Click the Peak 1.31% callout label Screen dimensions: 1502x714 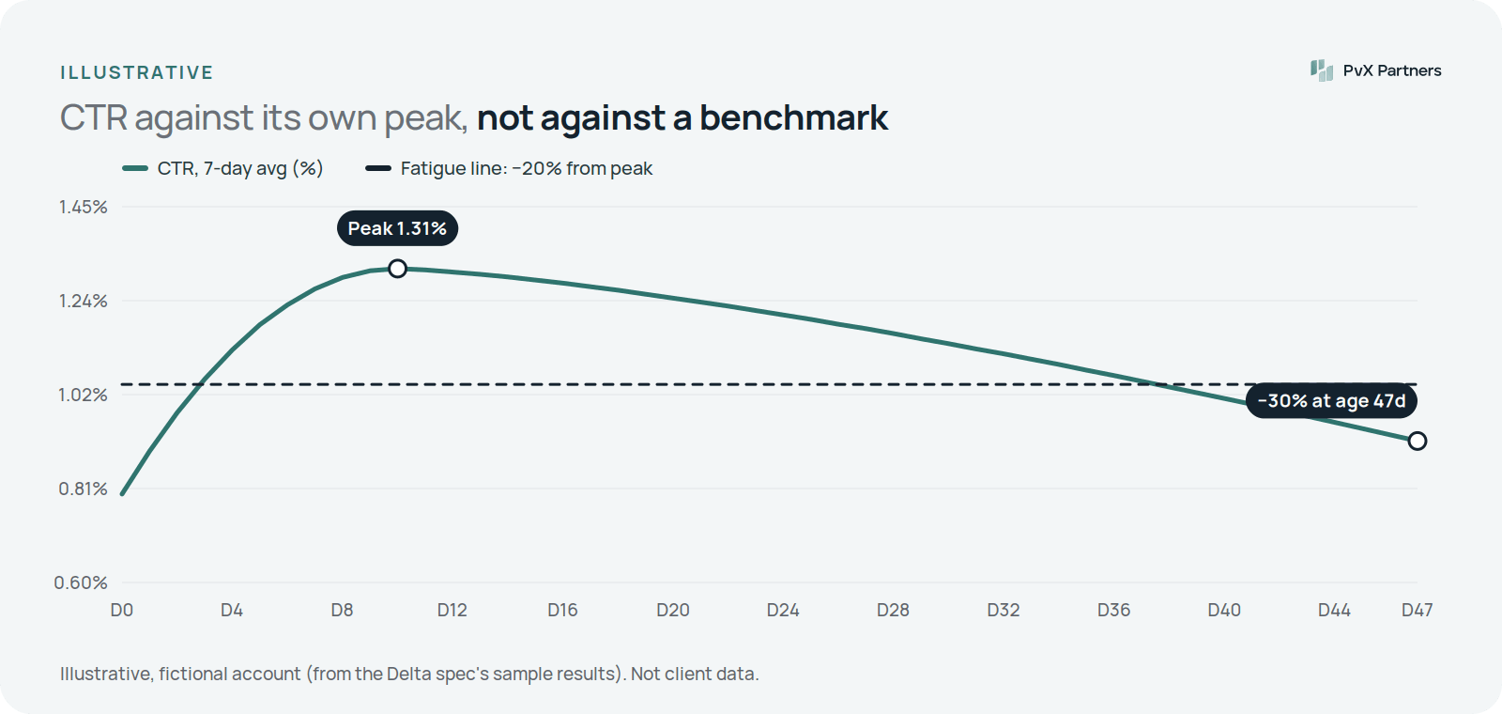pos(398,228)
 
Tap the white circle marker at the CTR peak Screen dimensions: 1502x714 pos(398,269)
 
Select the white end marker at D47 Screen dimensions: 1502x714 pos(1417,441)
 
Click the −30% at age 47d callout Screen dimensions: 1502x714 pos(1331,400)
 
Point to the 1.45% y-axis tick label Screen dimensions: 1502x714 pos(84,207)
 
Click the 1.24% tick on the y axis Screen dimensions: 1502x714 pos(84,301)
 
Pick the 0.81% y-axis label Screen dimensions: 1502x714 pos(84,489)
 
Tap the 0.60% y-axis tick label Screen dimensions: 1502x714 pos(81,582)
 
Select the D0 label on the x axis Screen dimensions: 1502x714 pos(121,610)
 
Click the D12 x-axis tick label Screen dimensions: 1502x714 pos(452,610)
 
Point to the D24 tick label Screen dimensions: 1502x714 pos(783,610)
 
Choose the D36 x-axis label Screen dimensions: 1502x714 pos(1113,610)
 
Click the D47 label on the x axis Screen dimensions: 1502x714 pos(1417,610)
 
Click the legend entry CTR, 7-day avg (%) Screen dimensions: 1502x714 pos(222,168)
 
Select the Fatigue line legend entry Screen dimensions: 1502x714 pos(509,168)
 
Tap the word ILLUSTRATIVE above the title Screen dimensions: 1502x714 pos(137,72)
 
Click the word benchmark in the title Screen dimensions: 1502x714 pos(794,117)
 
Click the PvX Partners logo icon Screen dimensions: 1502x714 pos(1322,70)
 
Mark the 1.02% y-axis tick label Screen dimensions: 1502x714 pos(84,395)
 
